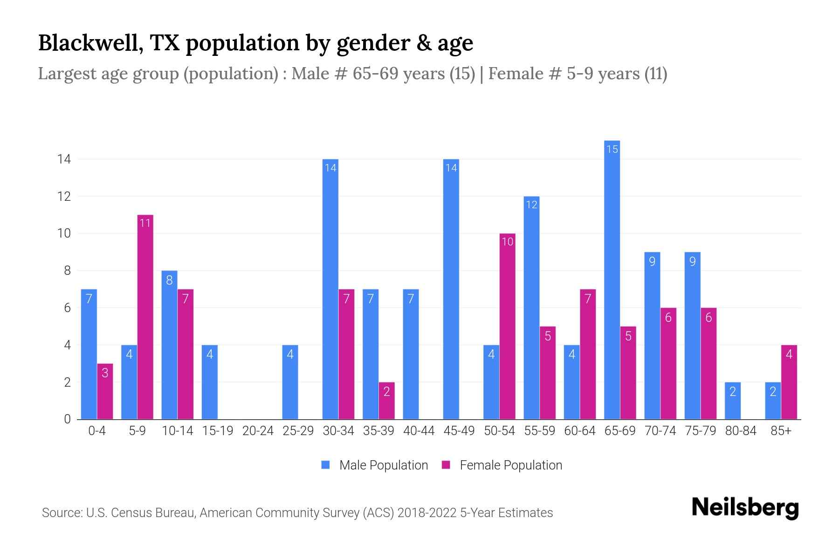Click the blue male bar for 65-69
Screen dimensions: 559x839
point(612,279)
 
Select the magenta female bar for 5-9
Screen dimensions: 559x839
point(145,317)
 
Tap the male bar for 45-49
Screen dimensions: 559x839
point(451,289)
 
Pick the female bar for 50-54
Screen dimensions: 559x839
point(507,326)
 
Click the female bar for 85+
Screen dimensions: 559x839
point(789,382)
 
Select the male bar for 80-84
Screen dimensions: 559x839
point(733,401)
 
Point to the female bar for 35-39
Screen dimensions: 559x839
point(386,401)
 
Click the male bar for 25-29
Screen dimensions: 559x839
point(290,382)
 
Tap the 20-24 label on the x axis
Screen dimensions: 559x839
point(258,431)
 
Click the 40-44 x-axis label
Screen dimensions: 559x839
point(419,431)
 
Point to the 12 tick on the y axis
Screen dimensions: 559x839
point(64,197)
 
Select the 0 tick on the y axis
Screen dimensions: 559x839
point(67,419)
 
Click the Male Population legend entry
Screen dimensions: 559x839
point(383,465)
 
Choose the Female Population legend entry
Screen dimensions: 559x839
point(510,465)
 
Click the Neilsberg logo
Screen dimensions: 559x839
point(745,508)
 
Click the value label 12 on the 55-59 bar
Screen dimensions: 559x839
point(531,205)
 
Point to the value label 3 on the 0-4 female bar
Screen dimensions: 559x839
point(105,373)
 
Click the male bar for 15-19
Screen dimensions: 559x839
point(210,382)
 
